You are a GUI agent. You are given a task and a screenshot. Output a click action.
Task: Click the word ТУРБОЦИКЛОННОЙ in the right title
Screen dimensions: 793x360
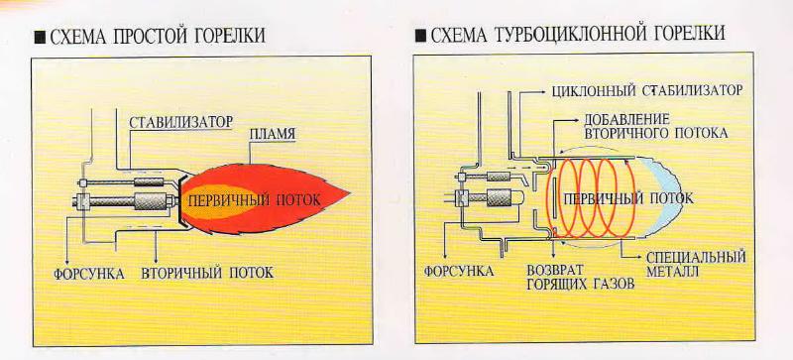click(572, 34)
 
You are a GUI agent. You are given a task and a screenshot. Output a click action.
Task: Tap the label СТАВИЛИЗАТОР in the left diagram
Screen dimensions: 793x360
click(181, 122)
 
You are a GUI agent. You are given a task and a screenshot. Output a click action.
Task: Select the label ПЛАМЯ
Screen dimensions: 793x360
click(273, 134)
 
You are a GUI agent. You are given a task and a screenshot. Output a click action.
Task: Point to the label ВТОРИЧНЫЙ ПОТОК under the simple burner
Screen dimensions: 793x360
click(207, 273)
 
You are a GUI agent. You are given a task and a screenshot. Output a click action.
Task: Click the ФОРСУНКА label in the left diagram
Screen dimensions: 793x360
click(89, 274)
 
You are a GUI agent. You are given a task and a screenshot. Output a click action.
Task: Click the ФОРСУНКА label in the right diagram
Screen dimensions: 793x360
click(459, 271)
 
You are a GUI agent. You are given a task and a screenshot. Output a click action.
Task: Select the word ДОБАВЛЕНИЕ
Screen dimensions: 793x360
click(627, 119)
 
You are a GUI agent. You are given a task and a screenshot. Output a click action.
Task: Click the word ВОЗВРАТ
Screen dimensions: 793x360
click(554, 270)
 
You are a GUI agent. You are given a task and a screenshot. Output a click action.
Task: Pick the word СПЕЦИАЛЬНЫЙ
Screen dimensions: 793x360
click(696, 257)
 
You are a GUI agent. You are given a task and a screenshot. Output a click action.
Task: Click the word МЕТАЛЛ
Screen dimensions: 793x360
click(672, 272)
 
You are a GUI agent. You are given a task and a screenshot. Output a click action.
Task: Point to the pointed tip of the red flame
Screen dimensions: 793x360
click(350, 194)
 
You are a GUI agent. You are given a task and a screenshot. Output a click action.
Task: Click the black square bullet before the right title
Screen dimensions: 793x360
click(419, 36)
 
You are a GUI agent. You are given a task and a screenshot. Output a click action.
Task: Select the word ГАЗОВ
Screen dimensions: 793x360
click(614, 284)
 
